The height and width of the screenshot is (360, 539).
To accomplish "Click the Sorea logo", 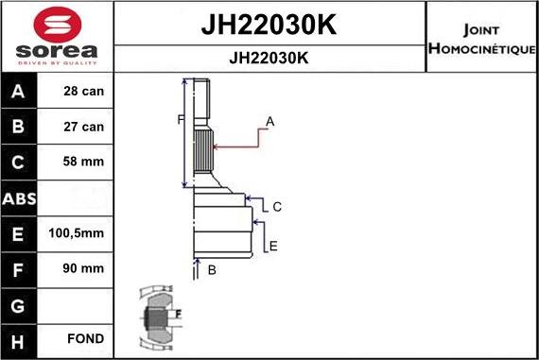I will point(56,35).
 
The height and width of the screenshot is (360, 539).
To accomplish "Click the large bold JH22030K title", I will point(269,24).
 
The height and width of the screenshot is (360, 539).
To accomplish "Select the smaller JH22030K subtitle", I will point(269,57).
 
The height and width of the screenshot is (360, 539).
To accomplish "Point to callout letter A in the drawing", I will point(270,121).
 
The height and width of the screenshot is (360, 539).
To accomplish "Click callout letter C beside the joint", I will point(277,207).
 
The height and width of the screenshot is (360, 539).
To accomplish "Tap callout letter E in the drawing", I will point(273,247).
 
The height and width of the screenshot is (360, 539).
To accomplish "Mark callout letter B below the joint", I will point(212,270).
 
